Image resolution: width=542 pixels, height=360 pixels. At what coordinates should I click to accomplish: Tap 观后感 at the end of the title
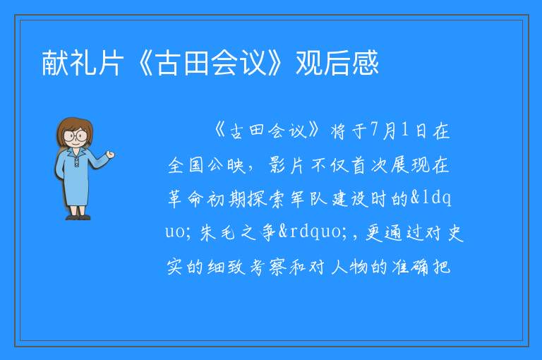(x=337, y=63)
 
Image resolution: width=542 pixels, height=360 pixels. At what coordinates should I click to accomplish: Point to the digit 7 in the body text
(x=373, y=130)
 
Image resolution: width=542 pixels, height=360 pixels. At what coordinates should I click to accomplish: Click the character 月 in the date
(x=389, y=131)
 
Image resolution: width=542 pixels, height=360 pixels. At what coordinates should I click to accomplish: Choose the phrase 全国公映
(x=206, y=165)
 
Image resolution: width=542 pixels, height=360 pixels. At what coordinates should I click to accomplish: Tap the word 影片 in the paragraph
(x=287, y=165)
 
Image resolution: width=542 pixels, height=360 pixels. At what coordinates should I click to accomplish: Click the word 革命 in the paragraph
(x=186, y=199)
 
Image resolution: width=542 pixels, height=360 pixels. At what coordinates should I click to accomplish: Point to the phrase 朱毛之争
(x=238, y=232)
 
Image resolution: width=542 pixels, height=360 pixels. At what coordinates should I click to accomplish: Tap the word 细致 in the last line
(x=227, y=267)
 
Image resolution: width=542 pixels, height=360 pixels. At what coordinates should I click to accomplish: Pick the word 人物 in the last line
(x=349, y=267)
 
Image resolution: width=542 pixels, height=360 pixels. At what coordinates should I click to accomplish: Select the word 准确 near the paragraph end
(x=410, y=267)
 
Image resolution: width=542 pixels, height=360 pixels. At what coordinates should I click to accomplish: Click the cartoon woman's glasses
(x=75, y=135)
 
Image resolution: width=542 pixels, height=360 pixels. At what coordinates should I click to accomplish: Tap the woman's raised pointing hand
(x=110, y=154)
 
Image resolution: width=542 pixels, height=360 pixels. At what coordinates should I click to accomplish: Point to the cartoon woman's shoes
(x=78, y=217)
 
